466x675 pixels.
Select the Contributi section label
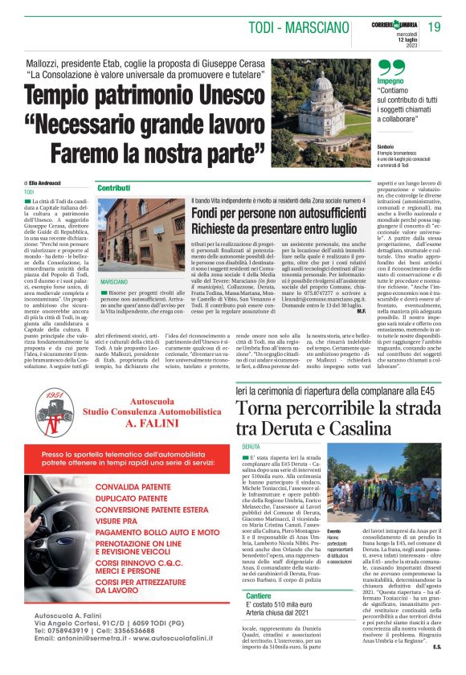click(114, 188)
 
